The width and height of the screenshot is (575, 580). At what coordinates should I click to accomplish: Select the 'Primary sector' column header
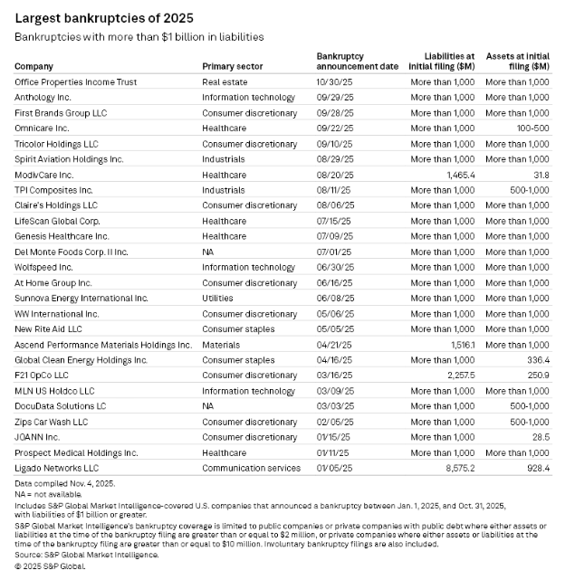click(x=233, y=66)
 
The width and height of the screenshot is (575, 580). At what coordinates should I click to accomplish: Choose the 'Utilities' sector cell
click(x=217, y=298)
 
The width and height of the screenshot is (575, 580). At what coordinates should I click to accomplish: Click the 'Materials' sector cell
click(x=221, y=345)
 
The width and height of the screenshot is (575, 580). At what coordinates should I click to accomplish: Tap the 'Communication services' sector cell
click(x=251, y=468)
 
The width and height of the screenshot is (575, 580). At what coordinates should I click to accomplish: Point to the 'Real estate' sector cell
click(x=225, y=81)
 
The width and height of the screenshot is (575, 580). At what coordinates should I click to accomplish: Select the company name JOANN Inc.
click(x=39, y=437)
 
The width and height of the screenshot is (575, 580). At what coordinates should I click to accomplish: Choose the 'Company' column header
click(x=34, y=66)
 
